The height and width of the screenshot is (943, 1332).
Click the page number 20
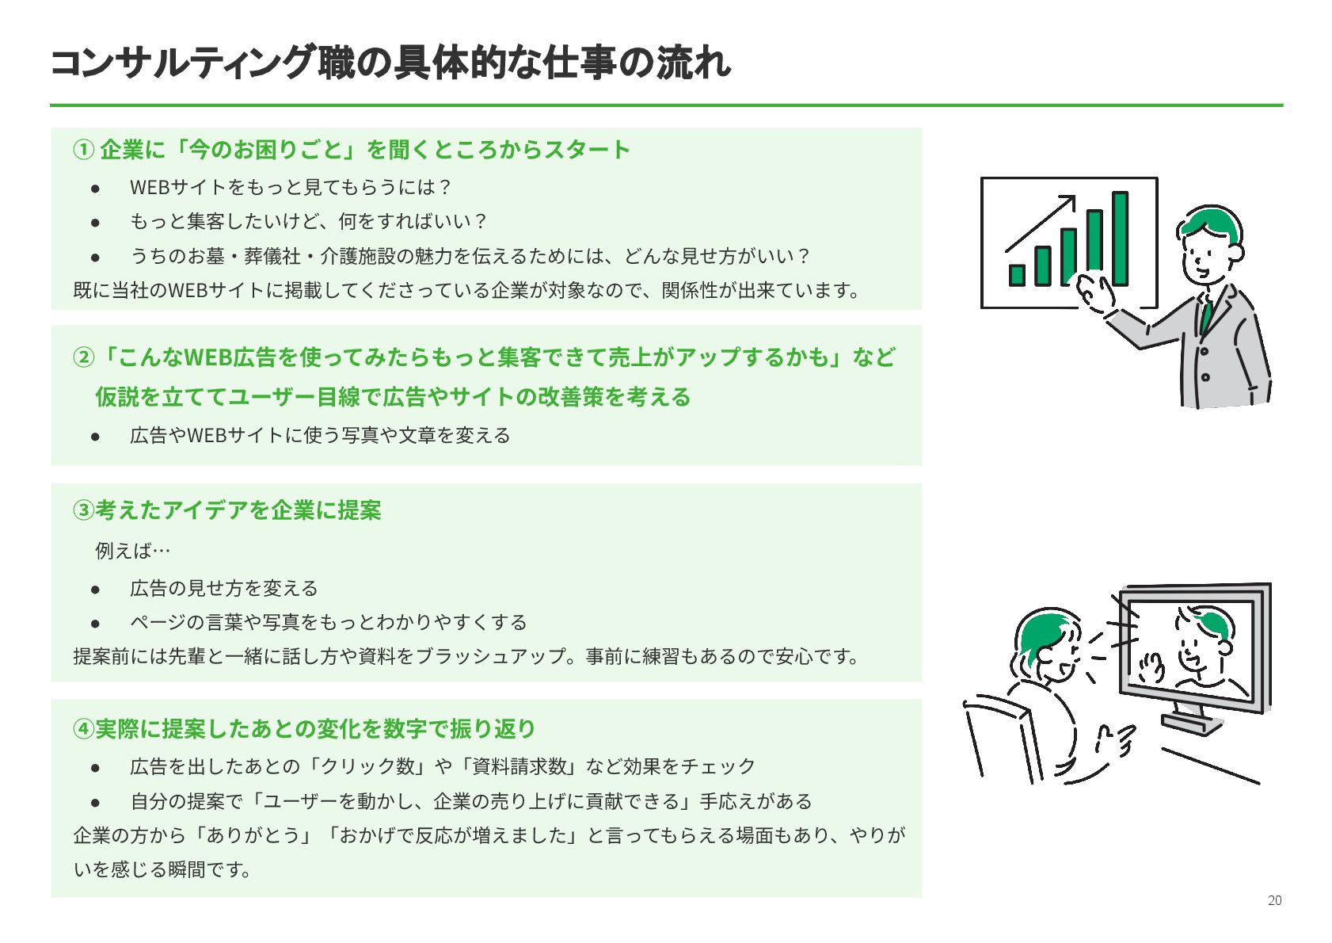pyautogui.click(x=1274, y=900)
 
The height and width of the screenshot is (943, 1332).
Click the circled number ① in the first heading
pyautogui.click(x=83, y=150)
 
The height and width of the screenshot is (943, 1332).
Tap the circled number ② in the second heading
pyautogui.click(x=83, y=357)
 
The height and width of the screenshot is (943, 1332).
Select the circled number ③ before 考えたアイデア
pyautogui.click(x=83, y=510)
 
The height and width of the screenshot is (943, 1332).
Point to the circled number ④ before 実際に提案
pyautogui.click(x=83, y=729)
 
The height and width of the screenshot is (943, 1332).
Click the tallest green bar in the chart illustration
pyautogui.click(x=1120, y=238)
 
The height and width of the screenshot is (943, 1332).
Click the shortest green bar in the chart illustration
pyautogui.click(x=1017, y=275)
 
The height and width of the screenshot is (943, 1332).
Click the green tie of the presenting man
pyautogui.click(x=1205, y=316)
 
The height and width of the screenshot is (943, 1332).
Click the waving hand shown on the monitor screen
pyautogui.click(x=1151, y=666)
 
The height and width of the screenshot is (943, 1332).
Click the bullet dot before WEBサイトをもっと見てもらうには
pyautogui.click(x=95, y=188)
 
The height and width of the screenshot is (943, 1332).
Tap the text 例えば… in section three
pyautogui.click(x=132, y=551)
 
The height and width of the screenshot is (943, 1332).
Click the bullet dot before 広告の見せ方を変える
pyautogui.click(x=95, y=589)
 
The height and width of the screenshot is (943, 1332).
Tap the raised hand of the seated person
pyautogui.click(x=1117, y=740)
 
